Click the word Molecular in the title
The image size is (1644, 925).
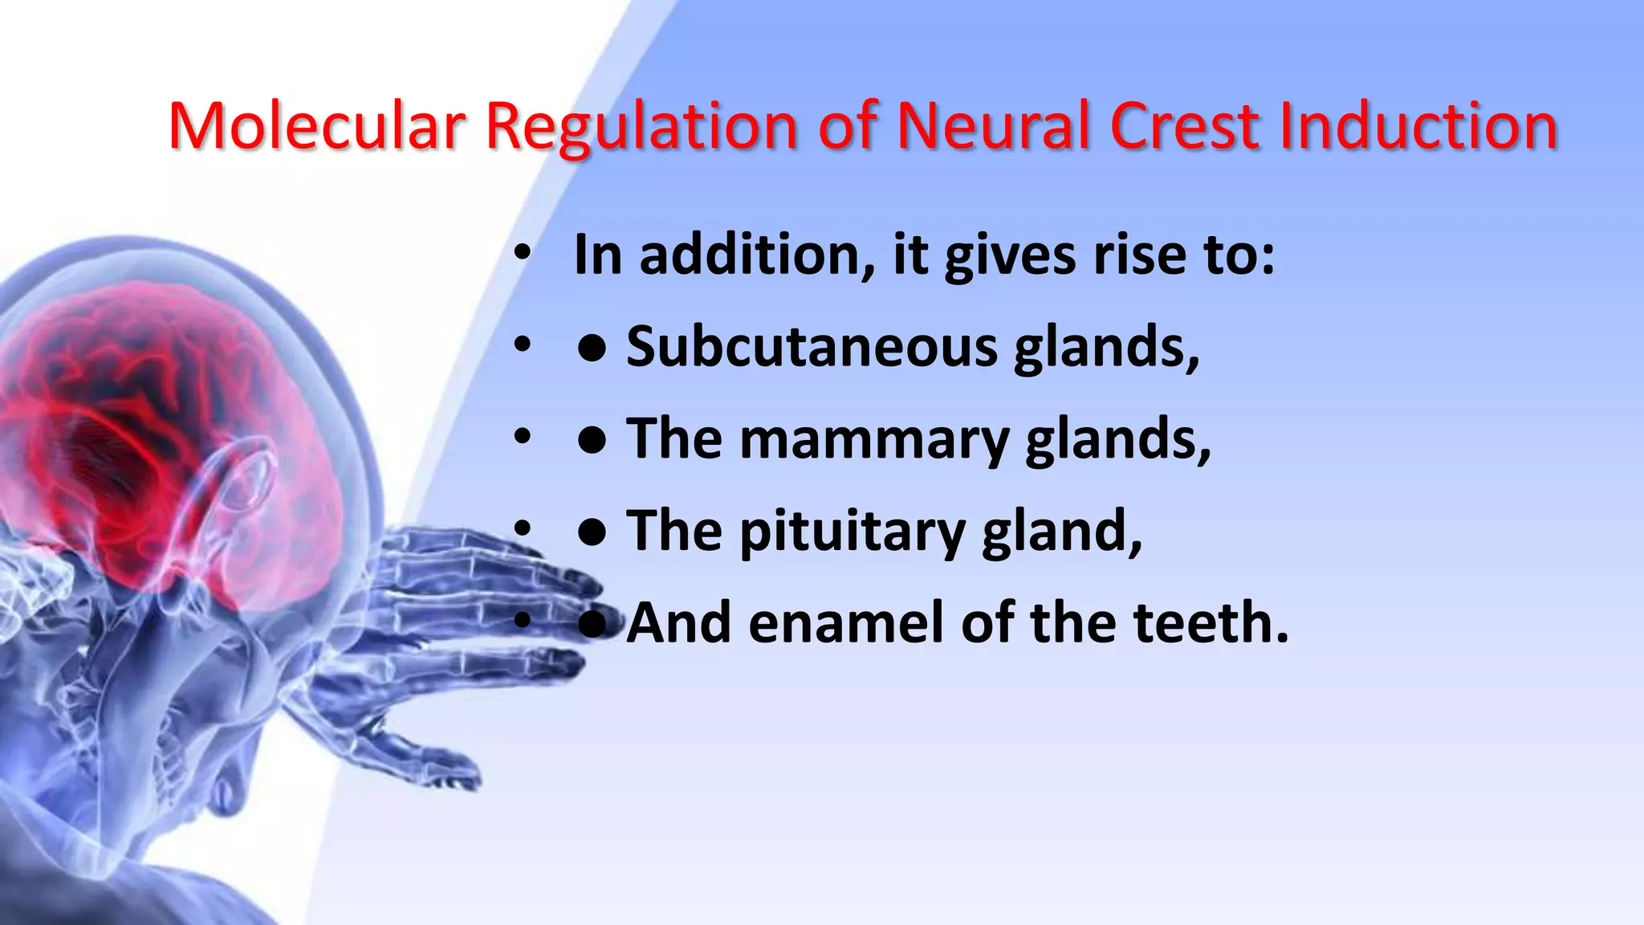coord(316,126)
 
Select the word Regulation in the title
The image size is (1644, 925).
coord(641,126)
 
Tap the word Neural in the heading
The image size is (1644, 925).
coord(992,126)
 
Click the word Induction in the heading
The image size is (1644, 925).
coord(1418,126)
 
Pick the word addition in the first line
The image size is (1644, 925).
coord(757,255)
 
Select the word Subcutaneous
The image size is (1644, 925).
coord(812,347)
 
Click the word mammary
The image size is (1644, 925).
coord(874,440)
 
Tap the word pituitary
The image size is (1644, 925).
coord(852,532)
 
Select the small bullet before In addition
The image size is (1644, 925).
coord(523,255)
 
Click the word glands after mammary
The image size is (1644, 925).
coord(1118,440)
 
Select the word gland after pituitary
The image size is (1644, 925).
coord(1062,532)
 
